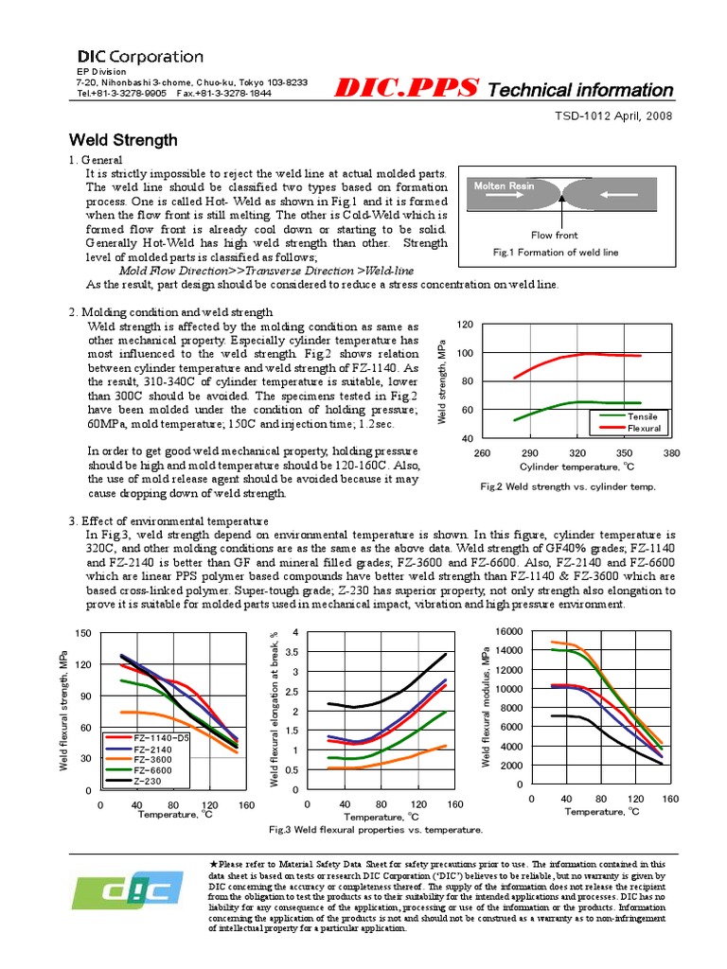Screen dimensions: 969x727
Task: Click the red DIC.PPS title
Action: [408, 89]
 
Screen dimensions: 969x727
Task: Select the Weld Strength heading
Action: [123, 140]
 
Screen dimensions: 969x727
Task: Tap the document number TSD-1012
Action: [602, 115]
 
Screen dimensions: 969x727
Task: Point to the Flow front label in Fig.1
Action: [555, 235]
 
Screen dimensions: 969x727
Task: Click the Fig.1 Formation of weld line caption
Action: [556, 253]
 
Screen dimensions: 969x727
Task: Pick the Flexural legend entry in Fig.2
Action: [643, 429]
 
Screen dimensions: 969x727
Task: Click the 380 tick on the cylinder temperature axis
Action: [672, 453]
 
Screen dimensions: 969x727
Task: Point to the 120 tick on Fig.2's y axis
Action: [464, 325]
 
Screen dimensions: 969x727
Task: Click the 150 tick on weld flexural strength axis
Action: [81, 633]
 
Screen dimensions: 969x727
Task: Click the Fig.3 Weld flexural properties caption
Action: [376, 829]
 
